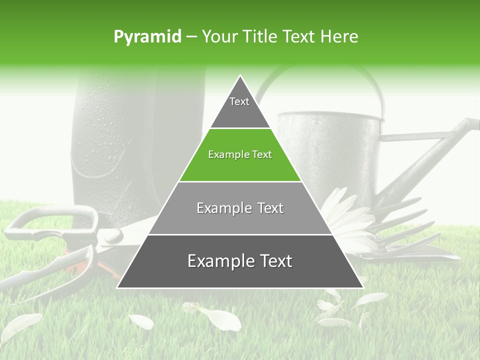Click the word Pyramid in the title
pos(147,37)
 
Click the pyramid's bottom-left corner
pos(118,287)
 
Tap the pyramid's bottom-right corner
pos(362,287)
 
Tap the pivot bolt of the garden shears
pos(114,234)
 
